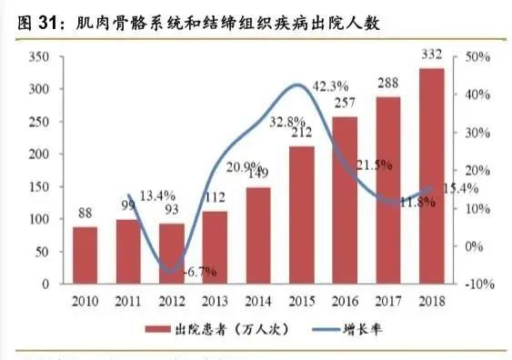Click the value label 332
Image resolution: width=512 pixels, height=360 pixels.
pyautogui.click(x=432, y=57)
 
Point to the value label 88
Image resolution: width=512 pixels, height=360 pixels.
pyautogui.click(x=85, y=215)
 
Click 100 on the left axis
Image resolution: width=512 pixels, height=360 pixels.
pyautogui.click(x=38, y=219)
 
